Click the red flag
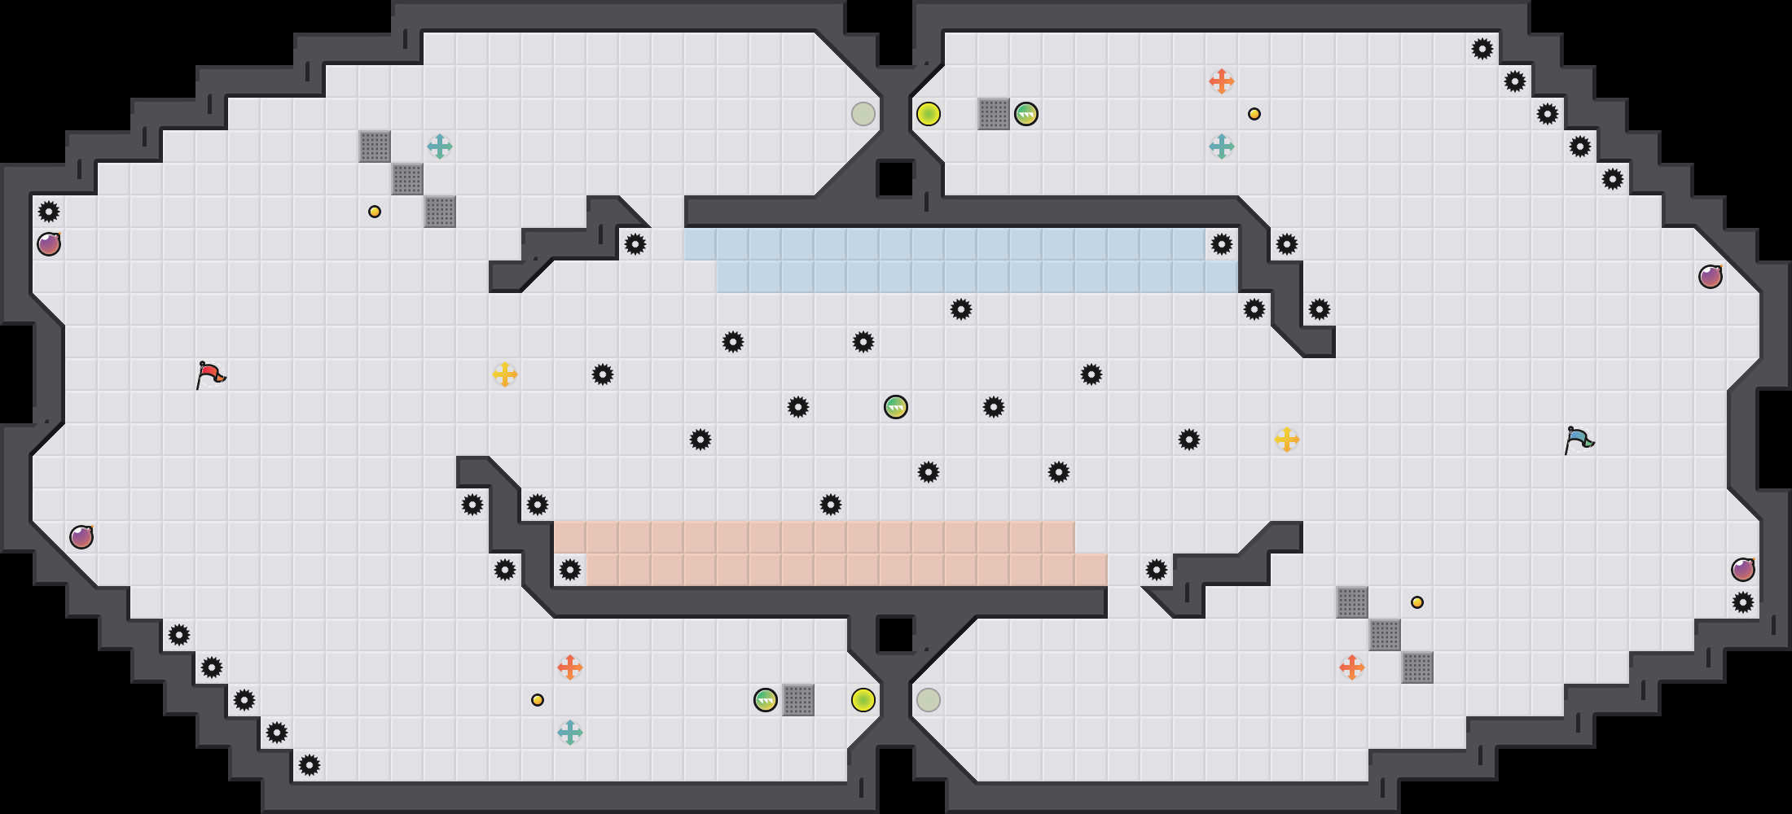tap(210, 375)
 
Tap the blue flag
tap(1579, 440)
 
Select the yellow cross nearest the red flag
tap(505, 374)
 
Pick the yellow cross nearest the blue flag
tap(1287, 440)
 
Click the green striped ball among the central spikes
tap(896, 407)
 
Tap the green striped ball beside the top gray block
tap(1026, 114)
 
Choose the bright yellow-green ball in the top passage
tap(929, 114)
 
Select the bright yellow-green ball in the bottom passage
tap(863, 700)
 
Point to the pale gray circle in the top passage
tap(863, 114)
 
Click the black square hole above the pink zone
tap(895, 178)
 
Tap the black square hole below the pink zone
tap(895, 634)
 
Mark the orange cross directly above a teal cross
tap(1222, 81)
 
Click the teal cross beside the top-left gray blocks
tap(440, 147)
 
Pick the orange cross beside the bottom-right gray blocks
tap(1352, 667)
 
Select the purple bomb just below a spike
tap(49, 244)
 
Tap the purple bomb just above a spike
tap(1743, 570)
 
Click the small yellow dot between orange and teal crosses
tap(1254, 114)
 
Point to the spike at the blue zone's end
tap(1222, 244)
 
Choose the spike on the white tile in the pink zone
tap(570, 570)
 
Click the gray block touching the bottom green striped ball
tap(798, 700)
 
